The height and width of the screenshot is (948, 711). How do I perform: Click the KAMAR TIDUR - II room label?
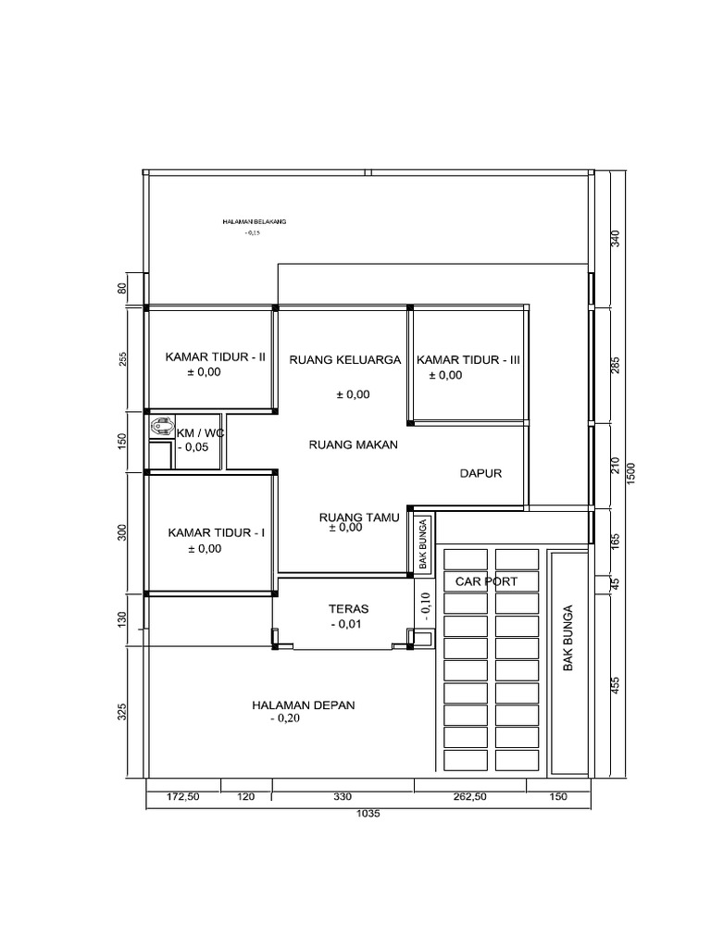216,355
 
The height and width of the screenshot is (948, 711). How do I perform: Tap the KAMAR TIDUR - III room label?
469,360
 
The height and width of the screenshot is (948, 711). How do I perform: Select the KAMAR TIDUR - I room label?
217,533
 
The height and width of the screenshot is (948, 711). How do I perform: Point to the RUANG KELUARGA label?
344,360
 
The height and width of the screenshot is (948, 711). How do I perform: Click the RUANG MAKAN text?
352,445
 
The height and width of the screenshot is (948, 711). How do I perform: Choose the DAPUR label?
480,473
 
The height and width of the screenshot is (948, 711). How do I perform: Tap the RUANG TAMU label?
358,518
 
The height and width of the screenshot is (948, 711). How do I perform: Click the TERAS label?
348,609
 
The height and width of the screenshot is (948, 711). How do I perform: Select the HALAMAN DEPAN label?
303,705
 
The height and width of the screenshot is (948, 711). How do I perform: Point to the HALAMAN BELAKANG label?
255,222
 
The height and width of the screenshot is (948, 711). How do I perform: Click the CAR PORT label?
486,581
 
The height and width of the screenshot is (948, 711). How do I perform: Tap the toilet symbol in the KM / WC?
162,426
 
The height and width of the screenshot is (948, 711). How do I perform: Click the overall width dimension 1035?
368,815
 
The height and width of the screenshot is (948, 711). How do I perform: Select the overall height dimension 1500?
630,472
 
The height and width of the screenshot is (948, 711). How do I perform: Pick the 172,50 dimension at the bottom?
182,796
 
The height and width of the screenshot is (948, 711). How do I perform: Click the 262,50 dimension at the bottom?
469,796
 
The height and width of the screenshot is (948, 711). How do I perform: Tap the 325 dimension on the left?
123,711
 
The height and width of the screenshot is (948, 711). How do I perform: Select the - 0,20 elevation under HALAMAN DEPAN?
285,719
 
